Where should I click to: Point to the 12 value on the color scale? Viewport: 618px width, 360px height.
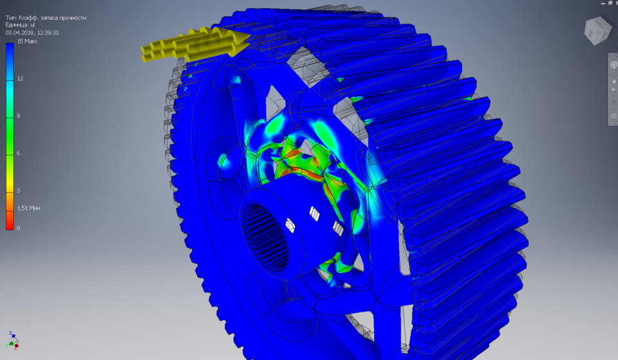point(20,79)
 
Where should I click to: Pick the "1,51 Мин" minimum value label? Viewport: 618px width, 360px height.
point(28,208)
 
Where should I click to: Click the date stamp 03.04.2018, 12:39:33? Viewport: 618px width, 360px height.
point(32,32)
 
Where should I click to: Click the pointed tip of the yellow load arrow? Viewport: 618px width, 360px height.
point(247,41)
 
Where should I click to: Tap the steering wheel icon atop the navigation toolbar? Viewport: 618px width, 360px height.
point(613,65)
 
